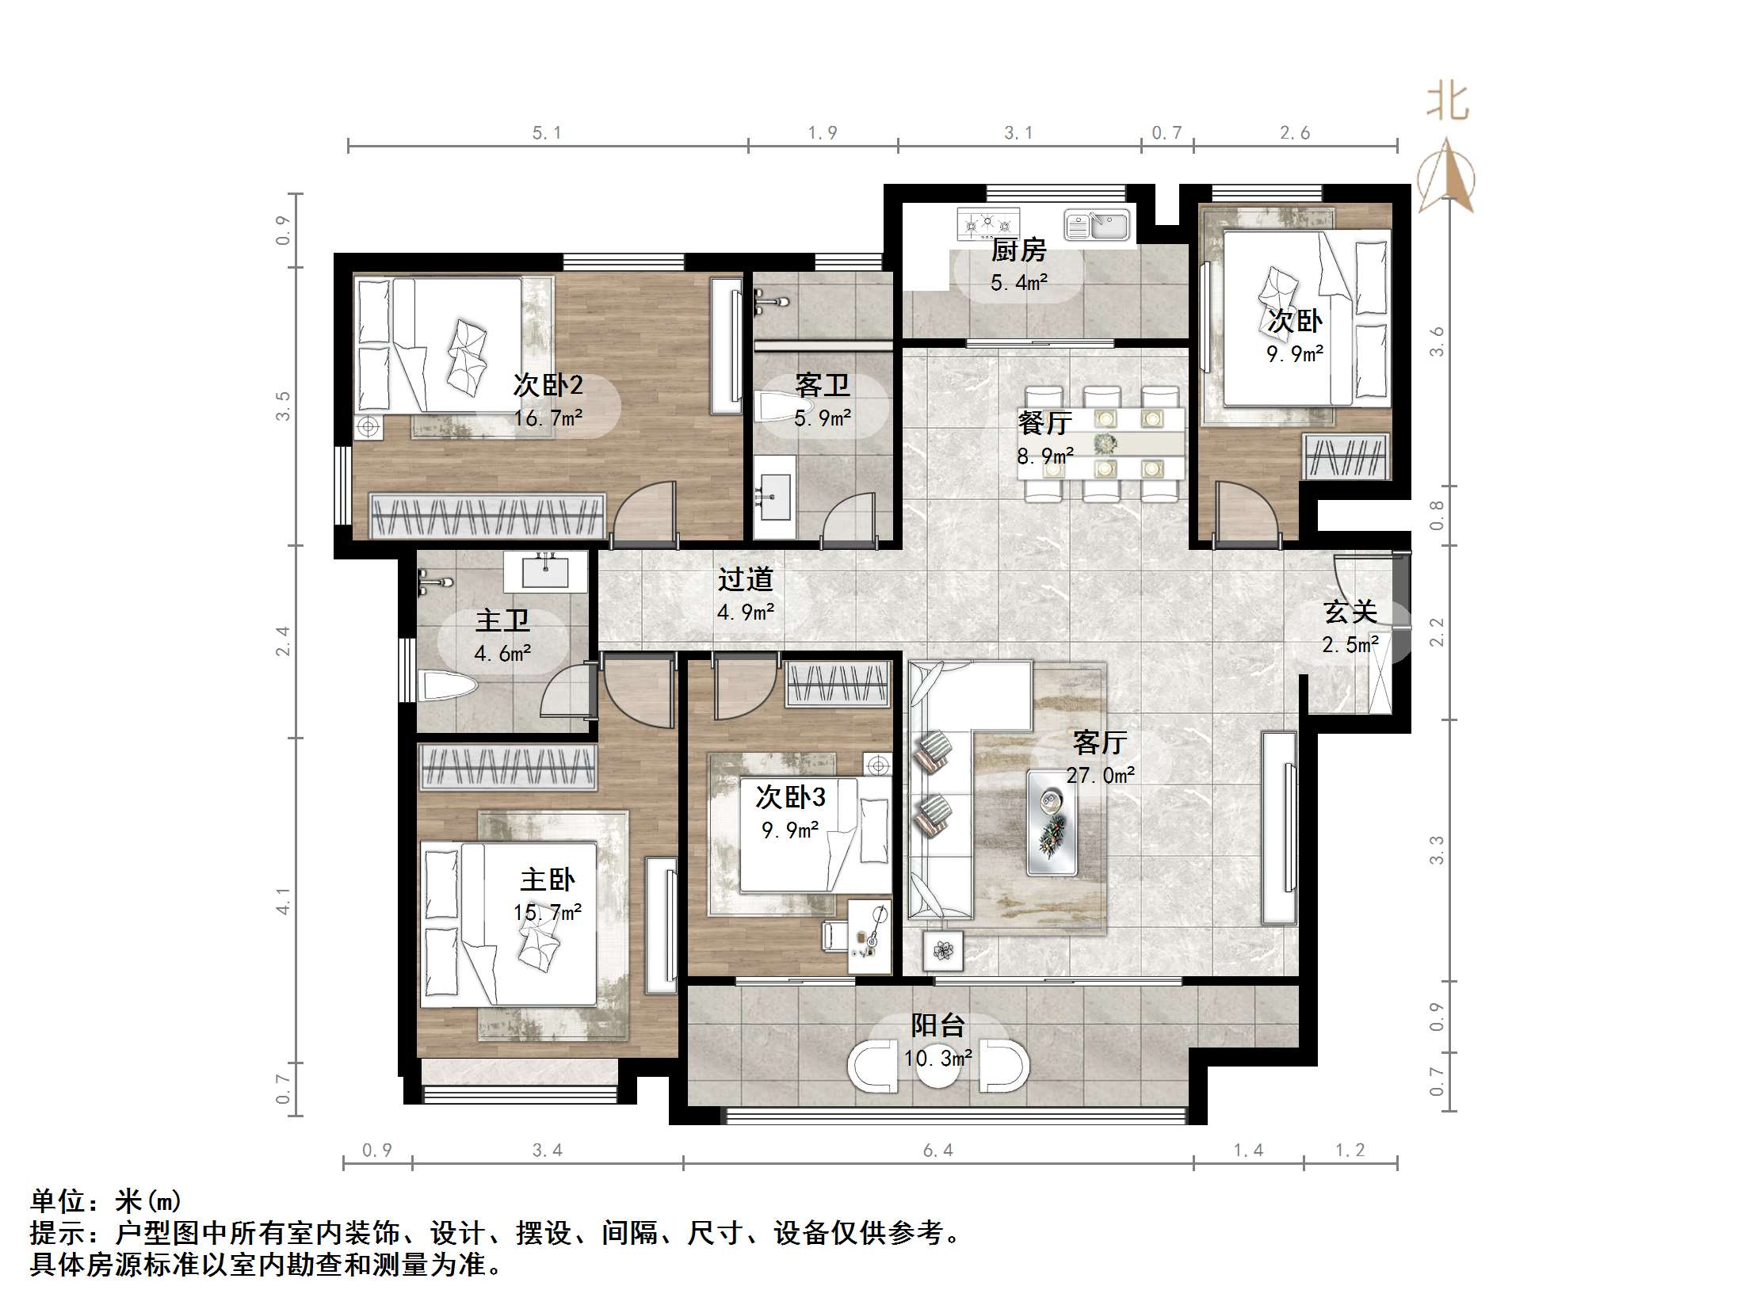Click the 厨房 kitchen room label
coord(1018,250)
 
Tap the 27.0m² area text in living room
coord(1100,775)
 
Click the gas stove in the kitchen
coord(987,224)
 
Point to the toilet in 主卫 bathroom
coord(447,686)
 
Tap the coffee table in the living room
coord(1052,822)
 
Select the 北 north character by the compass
coord(1447,103)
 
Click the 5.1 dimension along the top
coord(547,133)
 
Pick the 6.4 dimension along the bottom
coord(938,1150)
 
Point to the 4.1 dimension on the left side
coord(283,900)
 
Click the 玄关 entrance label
coord(1350,612)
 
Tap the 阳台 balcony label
coord(937,1025)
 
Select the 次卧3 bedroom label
coord(790,797)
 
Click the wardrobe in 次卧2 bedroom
coord(487,516)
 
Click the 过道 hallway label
coord(745,579)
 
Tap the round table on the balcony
coord(938,1067)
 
